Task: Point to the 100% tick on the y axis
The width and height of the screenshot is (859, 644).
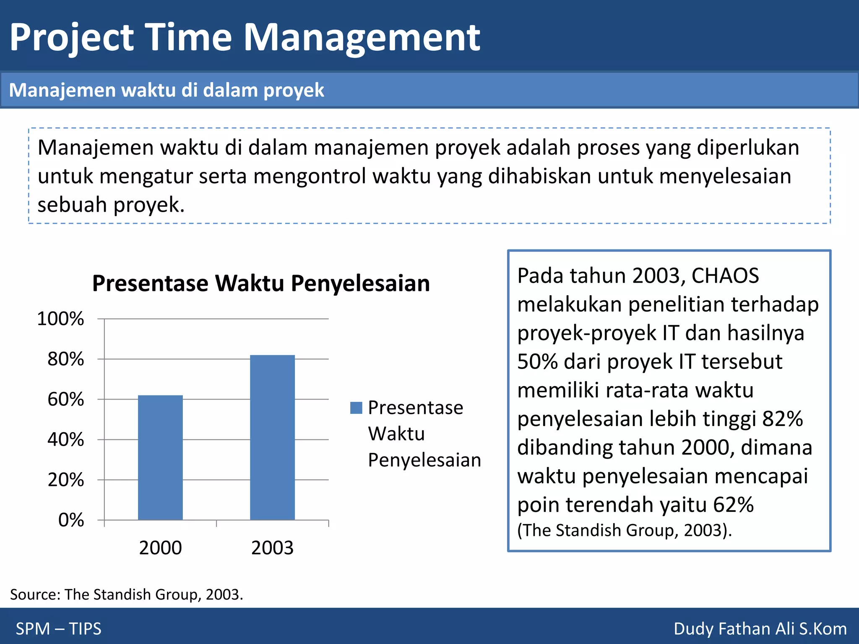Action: [60, 319]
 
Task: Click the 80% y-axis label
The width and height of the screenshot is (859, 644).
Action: [65, 359]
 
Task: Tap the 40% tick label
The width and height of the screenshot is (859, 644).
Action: [65, 440]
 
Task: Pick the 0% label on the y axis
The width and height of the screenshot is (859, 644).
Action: [71, 520]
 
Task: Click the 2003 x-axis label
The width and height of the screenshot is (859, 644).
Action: [272, 548]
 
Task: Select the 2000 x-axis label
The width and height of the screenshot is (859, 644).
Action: [160, 548]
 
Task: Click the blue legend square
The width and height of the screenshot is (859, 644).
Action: [356, 408]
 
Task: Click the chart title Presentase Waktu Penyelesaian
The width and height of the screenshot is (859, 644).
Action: [261, 283]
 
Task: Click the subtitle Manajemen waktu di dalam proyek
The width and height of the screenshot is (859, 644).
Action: [167, 90]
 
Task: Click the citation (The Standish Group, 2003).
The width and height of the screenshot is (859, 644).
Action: [624, 530]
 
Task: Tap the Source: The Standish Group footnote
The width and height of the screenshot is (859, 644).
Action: [126, 595]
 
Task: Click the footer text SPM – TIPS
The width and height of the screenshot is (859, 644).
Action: [58, 628]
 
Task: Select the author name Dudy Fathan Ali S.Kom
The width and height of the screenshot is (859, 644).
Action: [760, 628]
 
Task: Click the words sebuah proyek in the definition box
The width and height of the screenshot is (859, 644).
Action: [111, 205]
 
